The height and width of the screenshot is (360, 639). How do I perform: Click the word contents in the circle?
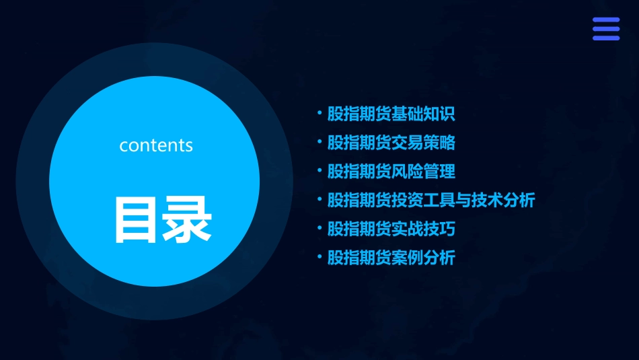click(156, 145)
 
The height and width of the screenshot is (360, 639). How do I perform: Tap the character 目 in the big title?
click(137, 219)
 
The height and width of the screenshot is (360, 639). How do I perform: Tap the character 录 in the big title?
click(187, 219)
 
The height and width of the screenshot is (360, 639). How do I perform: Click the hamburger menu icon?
click(605, 29)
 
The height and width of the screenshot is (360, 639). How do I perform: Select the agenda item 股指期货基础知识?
click(391, 114)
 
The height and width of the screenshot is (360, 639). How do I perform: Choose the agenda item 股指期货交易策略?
click(391, 143)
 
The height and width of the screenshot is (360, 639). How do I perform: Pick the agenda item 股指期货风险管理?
click(391, 172)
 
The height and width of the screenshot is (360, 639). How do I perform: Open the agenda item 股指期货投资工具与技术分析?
click(431, 200)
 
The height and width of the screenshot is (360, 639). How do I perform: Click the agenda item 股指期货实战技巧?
click(391, 229)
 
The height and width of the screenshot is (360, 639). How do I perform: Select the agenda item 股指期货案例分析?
click(391, 258)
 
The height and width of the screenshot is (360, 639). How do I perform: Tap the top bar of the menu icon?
click(605, 20)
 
